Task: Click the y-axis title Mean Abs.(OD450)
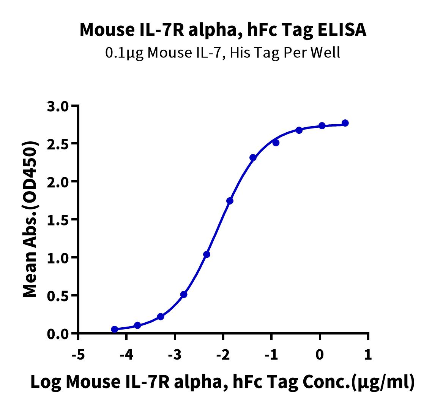(31, 219)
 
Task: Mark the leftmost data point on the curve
(115, 329)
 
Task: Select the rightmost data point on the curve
(345, 123)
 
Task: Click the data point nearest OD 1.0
(207, 254)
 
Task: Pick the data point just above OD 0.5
(184, 294)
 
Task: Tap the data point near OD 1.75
(230, 201)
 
